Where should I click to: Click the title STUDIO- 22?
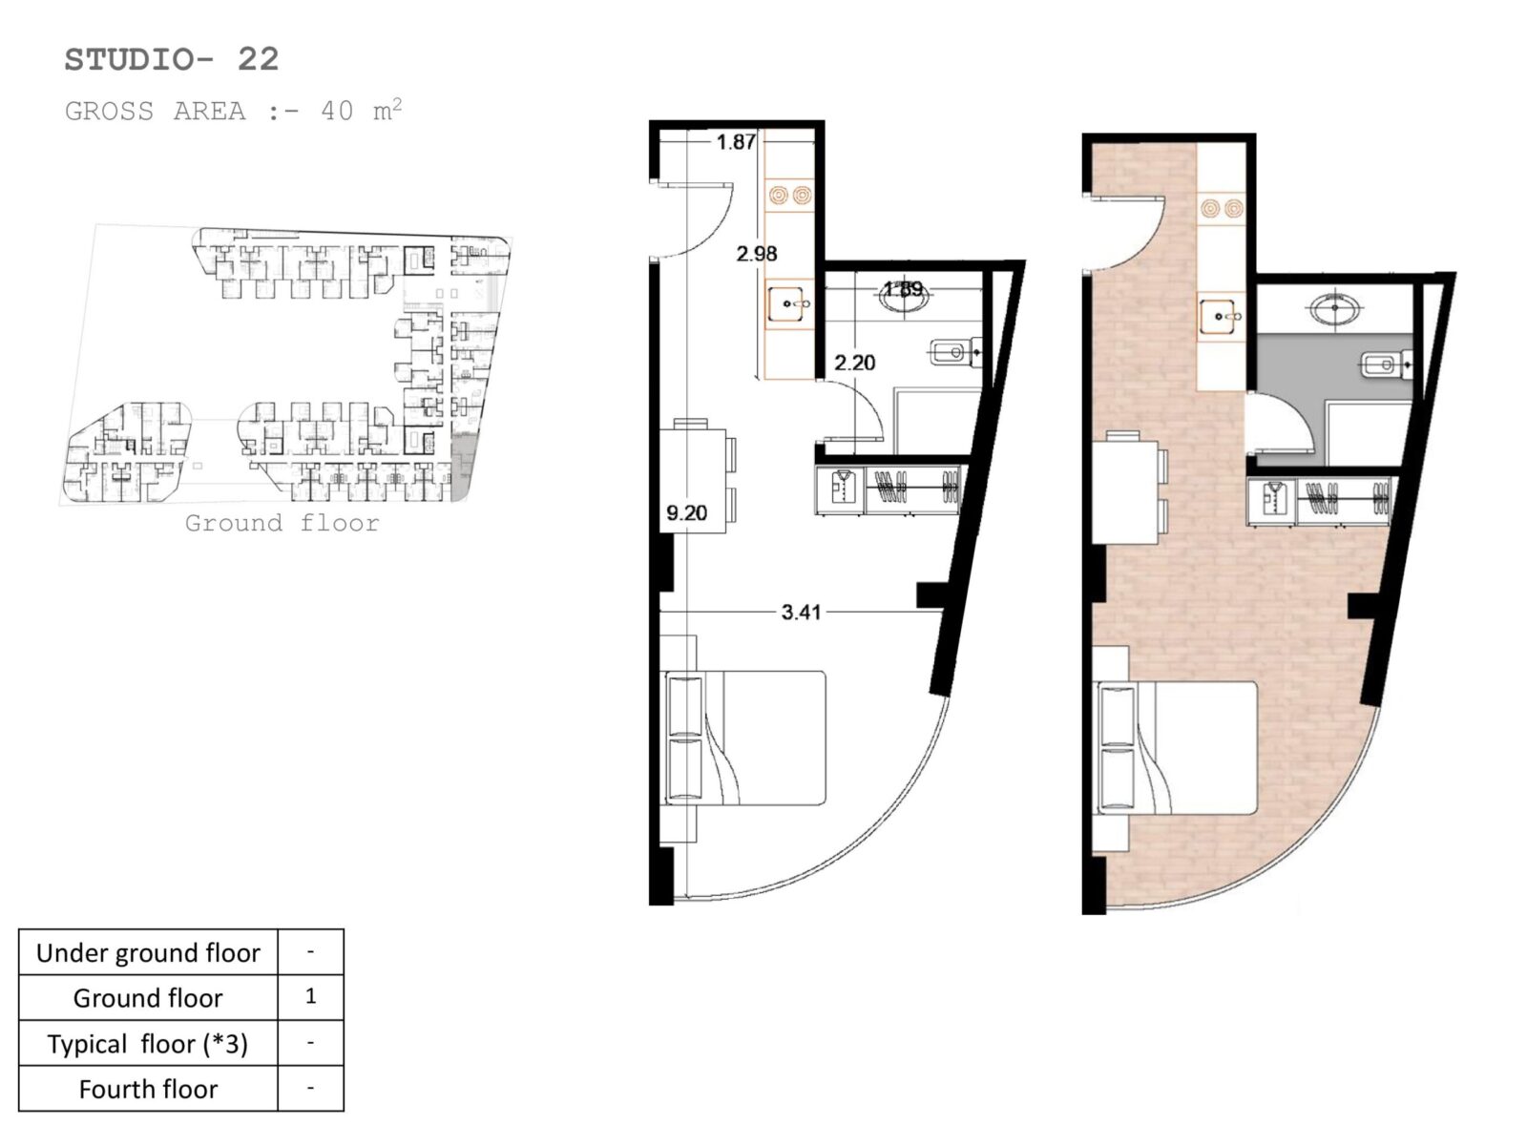172,59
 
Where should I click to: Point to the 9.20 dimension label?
686,513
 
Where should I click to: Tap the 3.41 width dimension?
801,612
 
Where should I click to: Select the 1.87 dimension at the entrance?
736,142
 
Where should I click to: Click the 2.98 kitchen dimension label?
757,253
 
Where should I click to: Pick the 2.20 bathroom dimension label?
855,363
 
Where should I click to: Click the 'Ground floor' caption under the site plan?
282,523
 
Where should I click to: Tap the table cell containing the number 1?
311,997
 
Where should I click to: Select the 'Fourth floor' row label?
148,1089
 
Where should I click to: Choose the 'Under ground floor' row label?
148,952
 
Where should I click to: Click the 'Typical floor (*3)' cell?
148,1044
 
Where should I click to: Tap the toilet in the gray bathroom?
1387,364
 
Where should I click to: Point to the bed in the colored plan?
1177,748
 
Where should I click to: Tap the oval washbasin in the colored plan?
1335,308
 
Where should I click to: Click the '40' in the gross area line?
337,112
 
